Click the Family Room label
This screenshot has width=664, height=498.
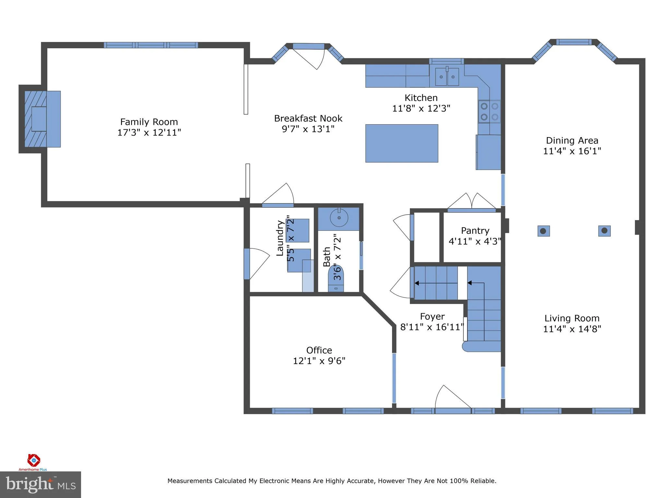[x=149, y=122]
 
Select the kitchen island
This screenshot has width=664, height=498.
[x=402, y=143]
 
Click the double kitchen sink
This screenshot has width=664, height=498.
[x=447, y=77]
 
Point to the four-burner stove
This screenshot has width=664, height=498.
[x=489, y=112]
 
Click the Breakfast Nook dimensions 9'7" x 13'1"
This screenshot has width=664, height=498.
[x=308, y=129]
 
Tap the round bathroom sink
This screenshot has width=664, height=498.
[x=339, y=217]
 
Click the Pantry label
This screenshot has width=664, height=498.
[x=475, y=231]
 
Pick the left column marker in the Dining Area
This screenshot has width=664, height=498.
[x=543, y=231]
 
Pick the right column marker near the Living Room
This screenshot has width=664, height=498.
[x=604, y=231]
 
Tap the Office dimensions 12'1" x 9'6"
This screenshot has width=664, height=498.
[x=319, y=361]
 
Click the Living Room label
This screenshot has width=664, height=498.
[x=572, y=318]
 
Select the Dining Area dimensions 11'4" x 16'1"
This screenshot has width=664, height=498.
[x=572, y=151]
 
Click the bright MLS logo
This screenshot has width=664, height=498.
[x=40, y=485]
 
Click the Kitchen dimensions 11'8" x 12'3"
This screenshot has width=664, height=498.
[x=421, y=108]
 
